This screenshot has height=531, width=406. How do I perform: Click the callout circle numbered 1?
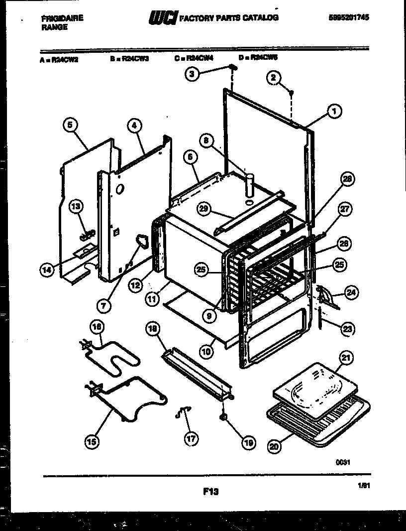pos(334,113)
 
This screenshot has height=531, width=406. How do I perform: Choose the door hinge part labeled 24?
pos(326,299)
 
